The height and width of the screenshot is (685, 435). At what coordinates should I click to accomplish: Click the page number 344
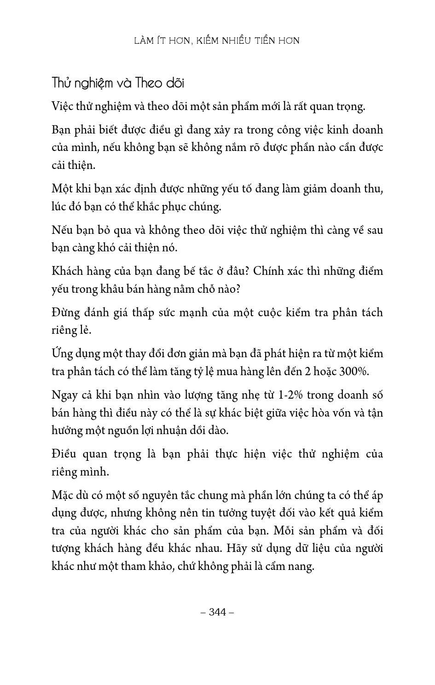[218, 612]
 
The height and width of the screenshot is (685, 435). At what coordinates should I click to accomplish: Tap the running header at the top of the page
[217, 41]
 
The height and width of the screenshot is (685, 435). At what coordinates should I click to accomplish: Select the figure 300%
[354, 372]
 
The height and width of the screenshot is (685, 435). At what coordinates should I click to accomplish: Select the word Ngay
[64, 395]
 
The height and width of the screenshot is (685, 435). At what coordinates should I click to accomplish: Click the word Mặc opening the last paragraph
[63, 495]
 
